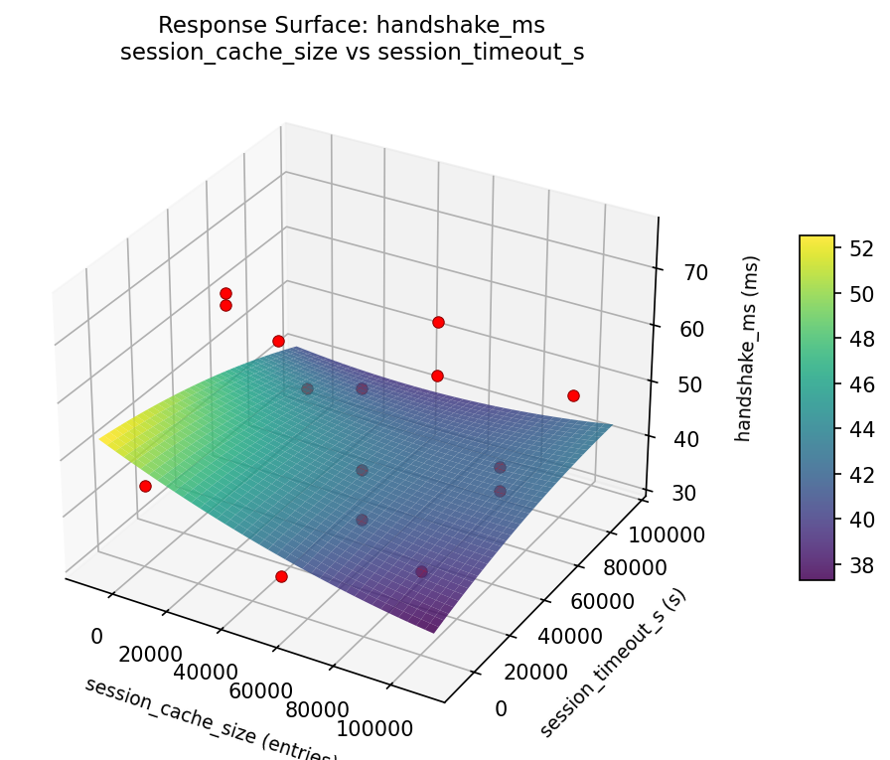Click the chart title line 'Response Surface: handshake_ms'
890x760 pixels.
pyautogui.click(x=352, y=25)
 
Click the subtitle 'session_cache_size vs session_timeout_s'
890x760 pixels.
pyautogui.click(x=352, y=53)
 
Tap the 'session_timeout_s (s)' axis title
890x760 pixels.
pyautogui.click(x=613, y=662)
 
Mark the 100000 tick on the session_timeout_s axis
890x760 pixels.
pyautogui.click(x=667, y=534)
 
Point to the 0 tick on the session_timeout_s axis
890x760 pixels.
pyautogui.click(x=500, y=707)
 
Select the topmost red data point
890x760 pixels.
pyautogui.click(x=225, y=293)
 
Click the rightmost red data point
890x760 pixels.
pyautogui.click(x=573, y=395)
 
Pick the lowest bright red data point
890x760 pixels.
pyautogui.click(x=281, y=576)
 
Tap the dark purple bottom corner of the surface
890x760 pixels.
pyautogui.click(x=434, y=629)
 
